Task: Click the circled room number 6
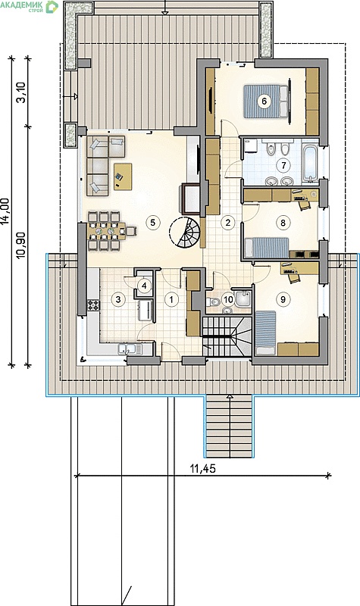point(264,102)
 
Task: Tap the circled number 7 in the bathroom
point(283,166)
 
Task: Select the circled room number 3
point(118,298)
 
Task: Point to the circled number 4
point(144,286)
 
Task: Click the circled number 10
point(228,299)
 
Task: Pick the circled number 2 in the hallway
point(228,222)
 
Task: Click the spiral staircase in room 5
point(185,232)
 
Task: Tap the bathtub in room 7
point(311,163)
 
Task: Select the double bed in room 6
point(265,102)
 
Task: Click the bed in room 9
point(265,333)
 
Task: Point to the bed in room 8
point(267,248)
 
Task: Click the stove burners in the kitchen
point(93,305)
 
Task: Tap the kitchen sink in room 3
point(130,349)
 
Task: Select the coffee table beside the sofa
point(123,176)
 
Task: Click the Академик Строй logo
point(29,6)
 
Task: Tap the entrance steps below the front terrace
point(229,426)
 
